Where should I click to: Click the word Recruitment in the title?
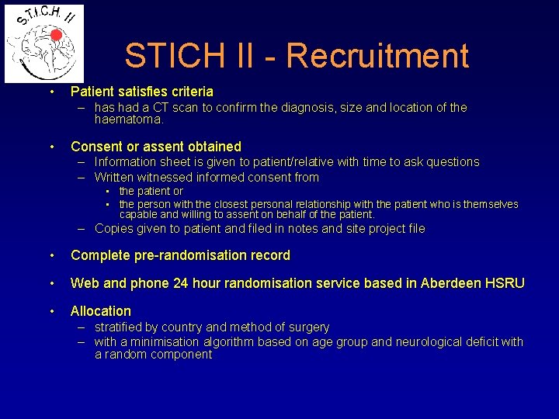377,56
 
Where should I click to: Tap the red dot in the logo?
56,35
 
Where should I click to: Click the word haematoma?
129,120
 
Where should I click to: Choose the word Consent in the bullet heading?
94,147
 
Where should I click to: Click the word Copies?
114,229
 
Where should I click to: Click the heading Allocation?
101,311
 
